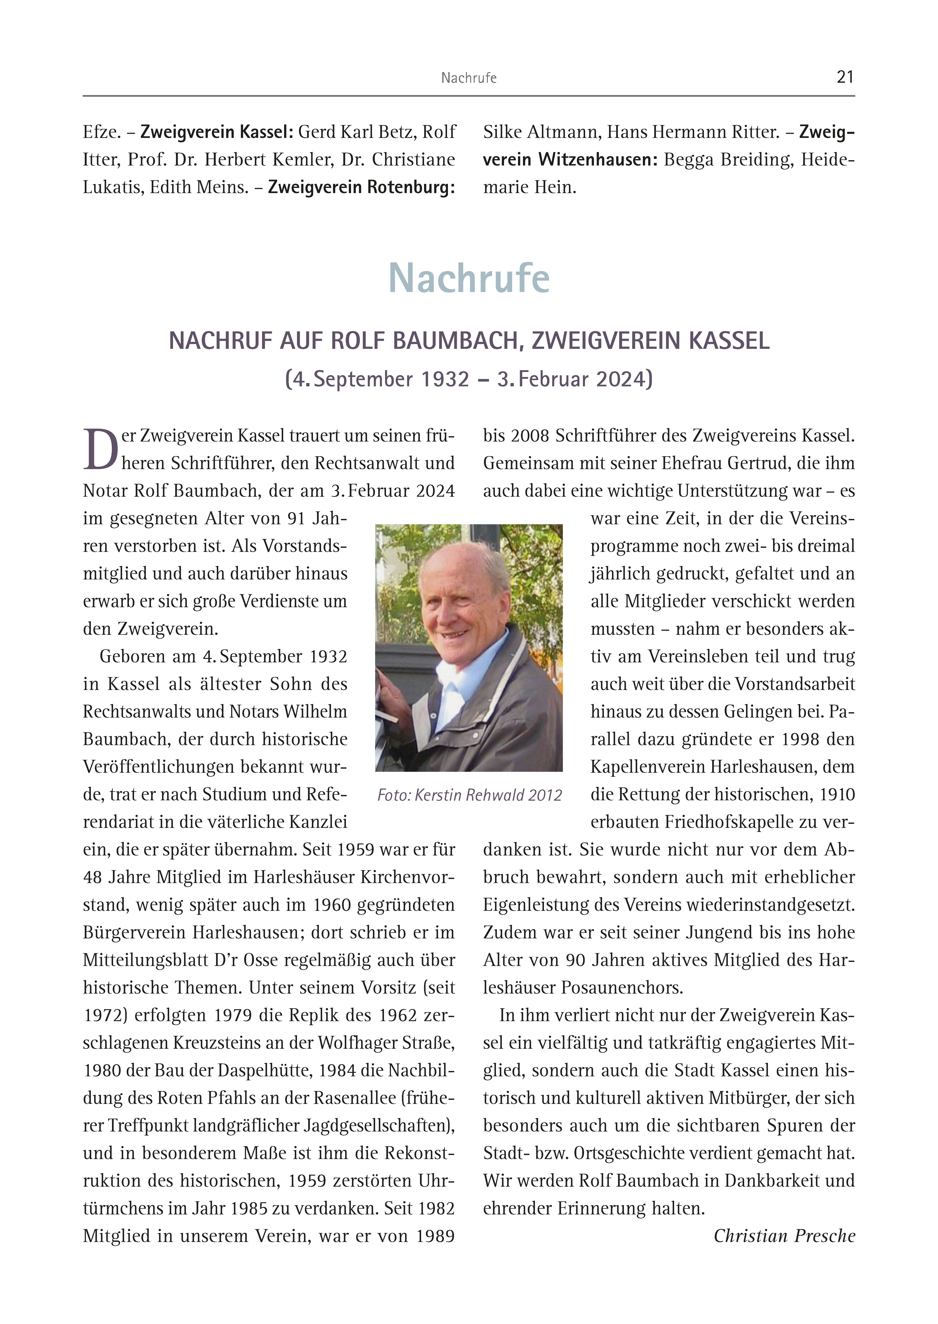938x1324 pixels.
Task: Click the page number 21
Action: [x=844, y=77]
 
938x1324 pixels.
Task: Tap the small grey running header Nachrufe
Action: [x=468, y=78]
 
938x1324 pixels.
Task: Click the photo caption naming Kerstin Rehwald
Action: [x=469, y=796]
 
